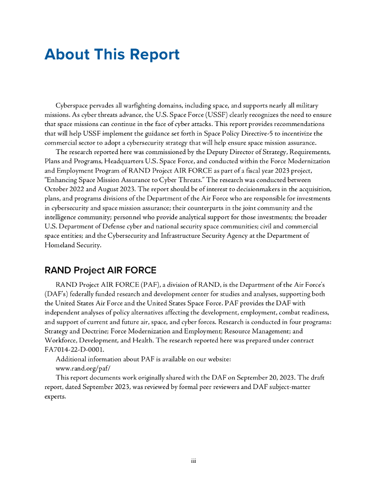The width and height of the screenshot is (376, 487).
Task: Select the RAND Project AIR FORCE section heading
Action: click(100, 270)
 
